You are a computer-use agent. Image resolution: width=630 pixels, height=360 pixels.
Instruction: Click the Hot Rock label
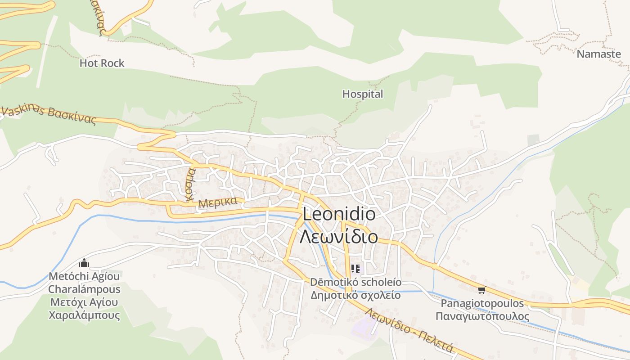tap(102, 63)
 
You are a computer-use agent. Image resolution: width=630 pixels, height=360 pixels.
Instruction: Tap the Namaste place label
tap(598, 54)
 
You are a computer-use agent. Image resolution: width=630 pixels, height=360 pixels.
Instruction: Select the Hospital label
tap(363, 94)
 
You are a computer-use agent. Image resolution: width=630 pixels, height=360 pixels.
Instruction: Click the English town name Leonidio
tap(339, 214)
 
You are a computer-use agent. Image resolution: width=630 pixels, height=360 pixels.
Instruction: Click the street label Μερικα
tap(218, 202)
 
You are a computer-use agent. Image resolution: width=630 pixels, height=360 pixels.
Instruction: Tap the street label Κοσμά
tap(191, 184)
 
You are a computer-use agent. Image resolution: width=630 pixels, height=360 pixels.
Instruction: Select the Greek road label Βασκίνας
tap(72, 116)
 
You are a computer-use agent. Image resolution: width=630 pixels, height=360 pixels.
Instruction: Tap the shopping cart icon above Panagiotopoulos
tap(482, 290)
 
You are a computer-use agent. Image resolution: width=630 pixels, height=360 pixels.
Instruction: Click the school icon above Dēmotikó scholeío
tap(355, 269)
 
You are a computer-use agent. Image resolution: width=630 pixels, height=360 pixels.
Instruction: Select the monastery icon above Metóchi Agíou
tap(84, 263)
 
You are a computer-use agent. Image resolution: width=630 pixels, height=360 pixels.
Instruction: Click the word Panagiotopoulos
tap(482, 303)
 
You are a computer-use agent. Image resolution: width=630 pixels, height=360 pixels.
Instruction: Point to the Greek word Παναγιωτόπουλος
tap(482, 316)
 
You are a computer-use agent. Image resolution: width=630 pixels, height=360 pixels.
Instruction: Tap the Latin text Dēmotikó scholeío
tap(355, 283)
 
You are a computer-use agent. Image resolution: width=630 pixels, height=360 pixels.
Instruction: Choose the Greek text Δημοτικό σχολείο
tap(355, 296)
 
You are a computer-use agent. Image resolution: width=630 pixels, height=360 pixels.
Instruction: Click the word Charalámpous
tap(84, 289)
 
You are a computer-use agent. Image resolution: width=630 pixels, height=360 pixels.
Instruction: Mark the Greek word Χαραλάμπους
tap(84, 315)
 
